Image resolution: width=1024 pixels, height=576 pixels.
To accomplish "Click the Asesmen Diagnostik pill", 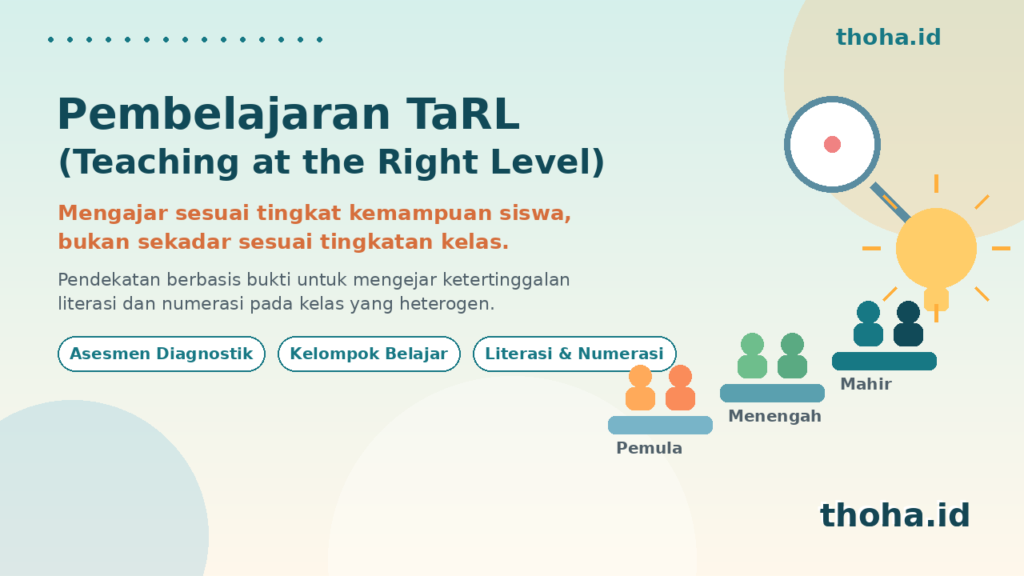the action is coord(162,354).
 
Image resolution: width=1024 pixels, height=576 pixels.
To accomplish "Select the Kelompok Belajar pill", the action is coord(369,354).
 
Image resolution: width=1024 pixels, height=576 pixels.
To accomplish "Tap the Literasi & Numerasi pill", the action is coord(574,354).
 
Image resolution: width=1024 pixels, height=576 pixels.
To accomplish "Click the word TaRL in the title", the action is coord(462,114).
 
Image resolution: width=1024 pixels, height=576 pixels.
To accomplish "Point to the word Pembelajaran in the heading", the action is coord(224,114).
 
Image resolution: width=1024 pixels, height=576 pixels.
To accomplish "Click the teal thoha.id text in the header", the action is coord(888,37).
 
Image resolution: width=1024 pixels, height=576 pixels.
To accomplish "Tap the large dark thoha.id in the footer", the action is coord(894,514).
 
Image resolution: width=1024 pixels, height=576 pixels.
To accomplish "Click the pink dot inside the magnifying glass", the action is coord(832,145).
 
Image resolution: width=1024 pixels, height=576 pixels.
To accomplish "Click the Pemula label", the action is coord(649,448).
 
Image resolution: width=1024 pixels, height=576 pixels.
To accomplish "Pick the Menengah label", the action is coord(774,416).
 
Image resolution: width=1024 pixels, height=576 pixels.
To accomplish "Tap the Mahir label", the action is coord(866,384).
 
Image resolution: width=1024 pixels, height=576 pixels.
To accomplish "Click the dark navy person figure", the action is coord(908,324).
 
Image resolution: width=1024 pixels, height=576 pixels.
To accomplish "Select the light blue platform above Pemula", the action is coord(660,425).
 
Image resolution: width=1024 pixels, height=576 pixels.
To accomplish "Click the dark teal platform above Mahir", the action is coord(884,361).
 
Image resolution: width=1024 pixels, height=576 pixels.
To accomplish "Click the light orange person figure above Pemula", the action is coord(640,388).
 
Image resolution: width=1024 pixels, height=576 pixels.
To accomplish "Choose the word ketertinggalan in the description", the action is coord(506,280).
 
